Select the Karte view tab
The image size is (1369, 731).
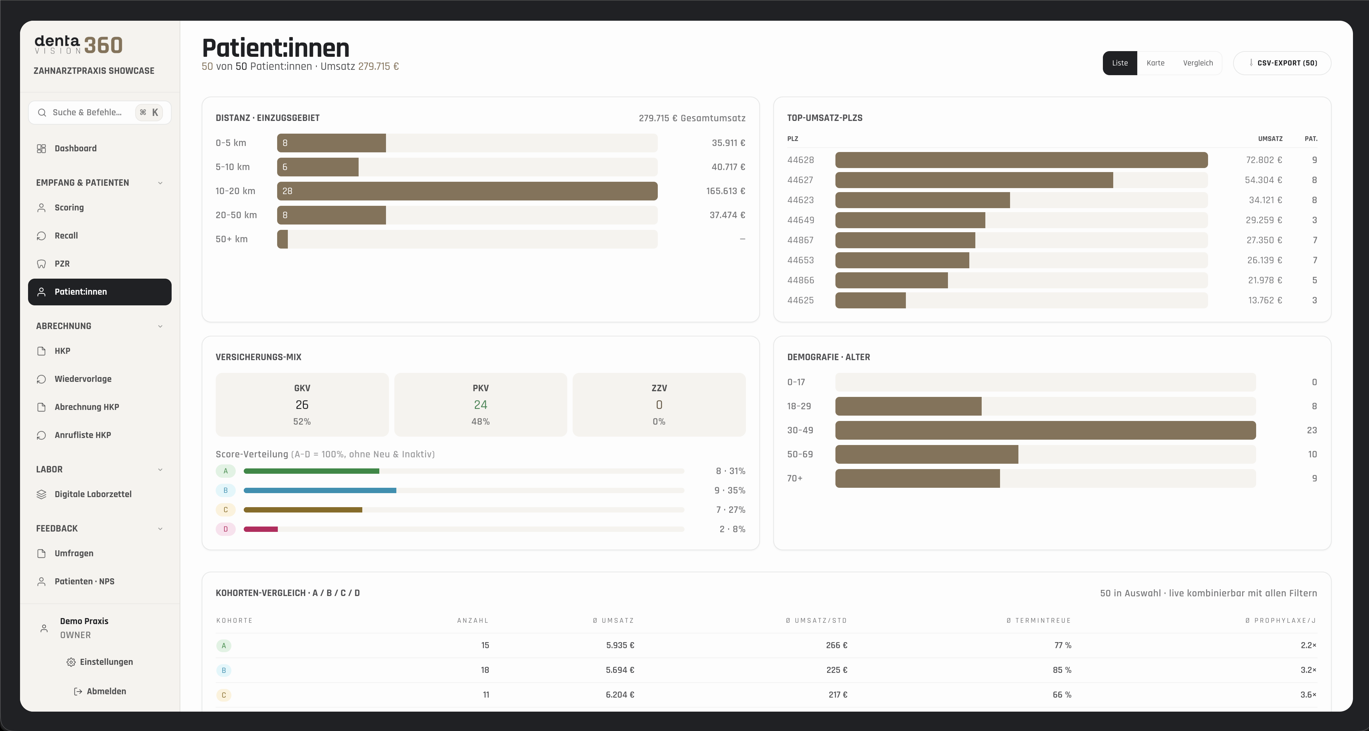pos(1155,63)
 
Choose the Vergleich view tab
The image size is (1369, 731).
pos(1198,63)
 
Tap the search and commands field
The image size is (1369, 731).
pos(100,112)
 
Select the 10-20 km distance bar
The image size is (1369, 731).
pos(467,191)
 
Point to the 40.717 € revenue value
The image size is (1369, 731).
pos(728,167)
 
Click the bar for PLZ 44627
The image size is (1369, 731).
pos(974,180)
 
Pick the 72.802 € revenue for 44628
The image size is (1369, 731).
pos(1264,160)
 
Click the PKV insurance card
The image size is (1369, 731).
pos(480,405)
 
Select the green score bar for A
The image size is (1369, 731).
pos(312,471)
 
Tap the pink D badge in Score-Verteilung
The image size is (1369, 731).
pos(225,529)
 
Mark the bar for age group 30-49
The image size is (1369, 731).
pos(1045,430)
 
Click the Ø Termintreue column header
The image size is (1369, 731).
pos(1038,620)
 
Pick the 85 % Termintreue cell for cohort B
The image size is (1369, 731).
pos(1062,670)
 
